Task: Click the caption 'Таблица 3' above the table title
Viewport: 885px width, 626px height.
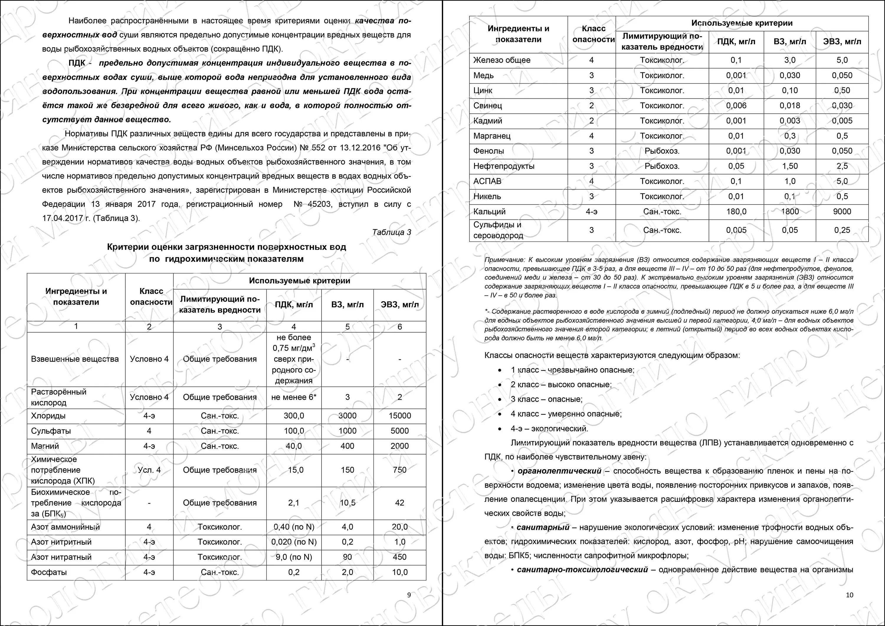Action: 391,232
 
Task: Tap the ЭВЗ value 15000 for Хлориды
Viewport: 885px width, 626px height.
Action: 399,416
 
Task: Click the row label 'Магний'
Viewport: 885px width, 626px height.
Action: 45,446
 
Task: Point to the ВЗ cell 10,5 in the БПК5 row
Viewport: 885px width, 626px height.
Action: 347,503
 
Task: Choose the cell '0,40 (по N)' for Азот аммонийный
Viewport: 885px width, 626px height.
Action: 294,527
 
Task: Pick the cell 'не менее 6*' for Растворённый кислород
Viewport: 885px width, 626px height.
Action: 294,397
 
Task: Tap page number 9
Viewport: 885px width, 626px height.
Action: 409,595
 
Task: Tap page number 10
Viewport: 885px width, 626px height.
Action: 850,595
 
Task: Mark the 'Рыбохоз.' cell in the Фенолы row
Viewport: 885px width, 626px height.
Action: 662,151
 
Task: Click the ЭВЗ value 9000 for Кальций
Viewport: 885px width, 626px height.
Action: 842,211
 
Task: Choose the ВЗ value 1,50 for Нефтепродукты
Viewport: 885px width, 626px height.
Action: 789,166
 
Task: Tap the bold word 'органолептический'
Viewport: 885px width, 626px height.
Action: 559,471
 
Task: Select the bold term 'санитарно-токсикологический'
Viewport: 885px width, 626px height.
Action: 582,570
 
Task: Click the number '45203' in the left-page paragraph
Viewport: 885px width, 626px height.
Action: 319,204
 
